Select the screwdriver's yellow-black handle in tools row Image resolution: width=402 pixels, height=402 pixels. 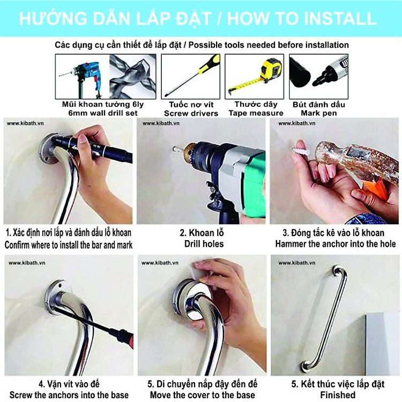coord(208,64)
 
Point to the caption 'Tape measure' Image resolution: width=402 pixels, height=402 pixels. coord(256,113)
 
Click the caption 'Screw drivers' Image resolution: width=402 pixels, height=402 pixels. coord(191,113)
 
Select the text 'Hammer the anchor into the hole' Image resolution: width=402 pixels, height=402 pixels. coord(336,244)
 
